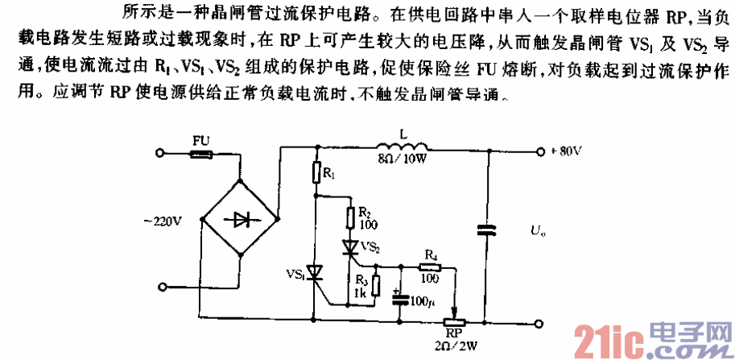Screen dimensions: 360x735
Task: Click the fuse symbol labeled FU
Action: [200, 151]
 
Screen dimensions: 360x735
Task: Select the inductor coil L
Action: [400, 147]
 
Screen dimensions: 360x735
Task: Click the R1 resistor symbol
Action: [316, 172]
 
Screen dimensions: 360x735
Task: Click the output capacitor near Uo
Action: [487, 233]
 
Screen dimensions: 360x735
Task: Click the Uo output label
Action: [536, 234]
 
